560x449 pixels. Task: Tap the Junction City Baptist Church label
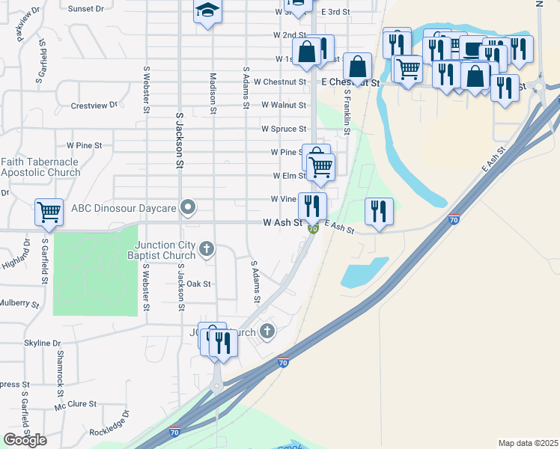pyautogui.click(x=165, y=250)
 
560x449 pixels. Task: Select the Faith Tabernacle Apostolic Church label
pyautogui.click(x=40, y=167)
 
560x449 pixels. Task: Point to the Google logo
pyautogui.click(x=25, y=440)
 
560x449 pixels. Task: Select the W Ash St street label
pyautogui.click(x=282, y=223)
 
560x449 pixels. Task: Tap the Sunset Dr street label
pyautogui.click(x=86, y=9)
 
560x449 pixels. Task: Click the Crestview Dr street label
pyautogui.click(x=94, y=106)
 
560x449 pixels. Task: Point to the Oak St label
pyautogui.click(x=198, y=284)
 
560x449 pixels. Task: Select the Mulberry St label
pyautogui.click(x=19, y=303)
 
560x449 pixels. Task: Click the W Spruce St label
pyautogui.click(x=284, y=129)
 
